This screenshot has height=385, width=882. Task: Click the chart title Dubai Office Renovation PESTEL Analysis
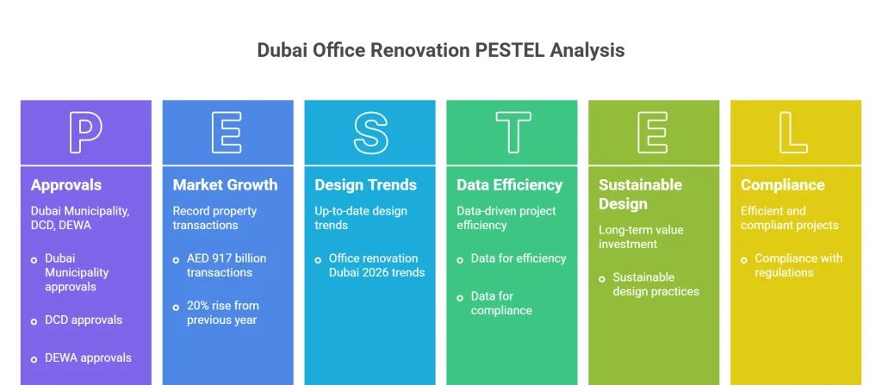[x=440, y=50]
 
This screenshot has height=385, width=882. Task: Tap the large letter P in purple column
[x=85, y=133]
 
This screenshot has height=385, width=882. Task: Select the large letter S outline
[x=370, y=133]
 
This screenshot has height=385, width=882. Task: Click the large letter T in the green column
[x=512, y=133]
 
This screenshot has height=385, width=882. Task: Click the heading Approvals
[x=66, y=184]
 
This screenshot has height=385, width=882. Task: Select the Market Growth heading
[x=225, y=184]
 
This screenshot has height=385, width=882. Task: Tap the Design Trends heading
[x=365, y=184]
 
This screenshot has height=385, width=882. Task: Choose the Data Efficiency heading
[x=509, y=184]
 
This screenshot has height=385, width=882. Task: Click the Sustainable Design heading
[x=640, y=194]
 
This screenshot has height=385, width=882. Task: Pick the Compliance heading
[x=782, y=184]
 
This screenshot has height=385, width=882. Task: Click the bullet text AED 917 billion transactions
[x=227, y=265]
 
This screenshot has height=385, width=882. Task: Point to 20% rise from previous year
[x=222, y=313]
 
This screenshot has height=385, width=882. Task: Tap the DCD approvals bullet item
[x=84, y=320]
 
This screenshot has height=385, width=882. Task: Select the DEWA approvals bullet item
[x=88, y=357]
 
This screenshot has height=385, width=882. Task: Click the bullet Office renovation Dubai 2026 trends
[x=376, y=265]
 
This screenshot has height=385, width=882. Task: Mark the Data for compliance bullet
[x=501, y=303]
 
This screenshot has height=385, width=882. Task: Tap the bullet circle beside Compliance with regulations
[x=745, y=258]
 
